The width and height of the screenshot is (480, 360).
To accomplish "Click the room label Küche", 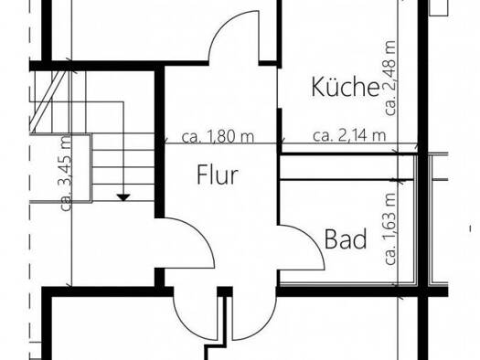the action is pyautogui.click(x=346, y=87).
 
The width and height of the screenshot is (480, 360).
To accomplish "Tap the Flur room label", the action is pyautogui.click(x=218, y=175).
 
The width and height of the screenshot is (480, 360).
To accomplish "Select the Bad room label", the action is pyautogui.click(x=346, y=238).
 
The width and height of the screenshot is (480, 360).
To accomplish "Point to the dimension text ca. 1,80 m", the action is pyautogui.click(x=218, y=136).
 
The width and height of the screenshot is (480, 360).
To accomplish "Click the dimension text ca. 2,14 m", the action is pyautogui.click(x=349, y=135).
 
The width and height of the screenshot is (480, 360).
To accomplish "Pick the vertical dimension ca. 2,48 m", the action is pyautogui.click(x=390, y=79).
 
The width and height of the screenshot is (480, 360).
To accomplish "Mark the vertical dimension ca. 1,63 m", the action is pyautogui.click(x=390, y=228).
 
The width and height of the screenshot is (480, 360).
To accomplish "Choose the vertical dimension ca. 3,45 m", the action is pyautogui.click(x=66, y=173).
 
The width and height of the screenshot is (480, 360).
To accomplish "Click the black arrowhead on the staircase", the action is pyautogui.click(x=123, y=197).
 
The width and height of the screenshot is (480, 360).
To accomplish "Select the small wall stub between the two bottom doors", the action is pyautogui.click(x=225, y=291).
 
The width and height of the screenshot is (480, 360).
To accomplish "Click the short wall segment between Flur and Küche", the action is pyautogui.click(x=279, y=131).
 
